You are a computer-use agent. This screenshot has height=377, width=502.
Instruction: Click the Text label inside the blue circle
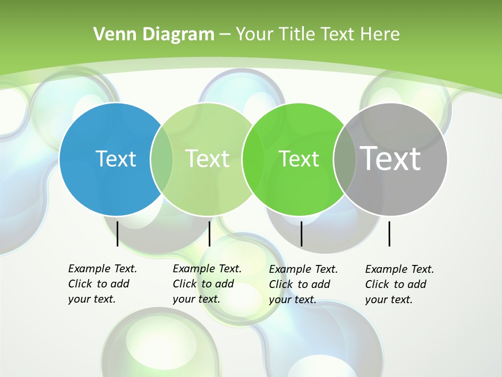116,159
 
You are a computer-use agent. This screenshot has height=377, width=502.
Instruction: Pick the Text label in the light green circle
207,159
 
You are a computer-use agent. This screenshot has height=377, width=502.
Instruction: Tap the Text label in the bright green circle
299,159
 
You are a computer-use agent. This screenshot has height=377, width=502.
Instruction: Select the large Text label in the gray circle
390,158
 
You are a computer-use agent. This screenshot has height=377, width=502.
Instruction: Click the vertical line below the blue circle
117,234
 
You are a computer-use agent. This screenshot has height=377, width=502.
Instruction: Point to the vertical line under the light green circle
209,234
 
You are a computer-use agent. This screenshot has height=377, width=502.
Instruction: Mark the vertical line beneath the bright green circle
301,234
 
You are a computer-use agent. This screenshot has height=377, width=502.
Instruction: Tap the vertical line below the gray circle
389,234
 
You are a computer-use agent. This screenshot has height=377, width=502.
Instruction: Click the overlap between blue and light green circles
162,159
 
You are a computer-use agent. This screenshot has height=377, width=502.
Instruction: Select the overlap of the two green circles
254,159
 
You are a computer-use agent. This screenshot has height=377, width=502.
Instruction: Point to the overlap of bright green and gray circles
344,159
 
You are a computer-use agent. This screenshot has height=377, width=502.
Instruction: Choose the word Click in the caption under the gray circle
378,284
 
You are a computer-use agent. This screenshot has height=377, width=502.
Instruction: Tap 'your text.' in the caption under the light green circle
196,299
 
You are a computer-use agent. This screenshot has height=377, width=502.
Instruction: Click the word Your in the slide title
253,35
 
